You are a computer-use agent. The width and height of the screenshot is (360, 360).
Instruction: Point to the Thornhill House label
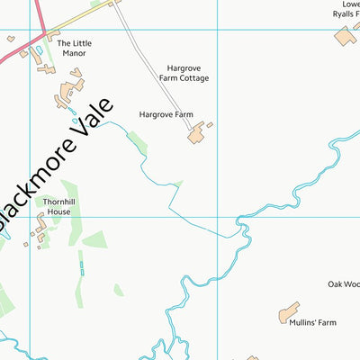57,207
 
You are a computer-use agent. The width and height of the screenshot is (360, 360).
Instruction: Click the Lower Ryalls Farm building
345,37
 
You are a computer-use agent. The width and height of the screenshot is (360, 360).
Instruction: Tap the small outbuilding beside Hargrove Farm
210,125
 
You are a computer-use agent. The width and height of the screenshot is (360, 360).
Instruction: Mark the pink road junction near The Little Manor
42,37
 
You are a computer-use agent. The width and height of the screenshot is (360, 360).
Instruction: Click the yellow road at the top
81,17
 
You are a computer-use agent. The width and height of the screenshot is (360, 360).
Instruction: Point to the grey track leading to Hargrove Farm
153,72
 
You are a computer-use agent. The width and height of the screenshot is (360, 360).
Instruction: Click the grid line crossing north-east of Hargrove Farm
217,30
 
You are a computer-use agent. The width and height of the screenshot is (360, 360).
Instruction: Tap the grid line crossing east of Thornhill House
217,216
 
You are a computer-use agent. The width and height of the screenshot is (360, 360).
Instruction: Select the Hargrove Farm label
166,115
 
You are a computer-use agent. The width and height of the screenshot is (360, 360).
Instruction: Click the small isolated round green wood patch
119,289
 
